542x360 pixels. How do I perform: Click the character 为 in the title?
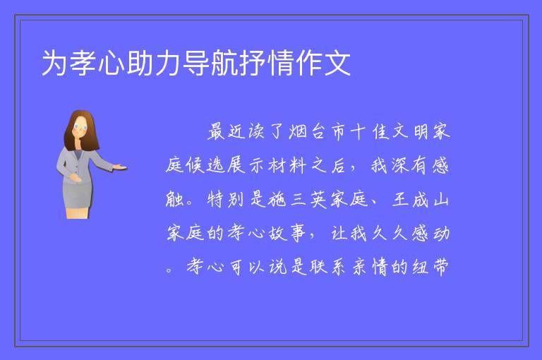click(54, 63)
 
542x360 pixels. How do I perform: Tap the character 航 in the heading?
click(224, 63)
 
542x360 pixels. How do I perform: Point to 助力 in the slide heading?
click(153, 63)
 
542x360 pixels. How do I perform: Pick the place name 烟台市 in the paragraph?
click(318, 132)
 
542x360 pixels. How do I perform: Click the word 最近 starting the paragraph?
click(227, 132)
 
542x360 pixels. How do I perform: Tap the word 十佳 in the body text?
click(370, 132)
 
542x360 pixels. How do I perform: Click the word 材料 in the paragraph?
click(288, 166)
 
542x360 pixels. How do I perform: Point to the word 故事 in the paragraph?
click(288, 234)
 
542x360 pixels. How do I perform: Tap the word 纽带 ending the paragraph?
click(430, 267)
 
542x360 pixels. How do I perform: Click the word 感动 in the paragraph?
click(430, 234)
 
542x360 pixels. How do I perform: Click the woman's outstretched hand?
click(120, 167)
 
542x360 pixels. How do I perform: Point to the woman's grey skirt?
click(78, 195)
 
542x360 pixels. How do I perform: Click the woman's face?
click(80, 126)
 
